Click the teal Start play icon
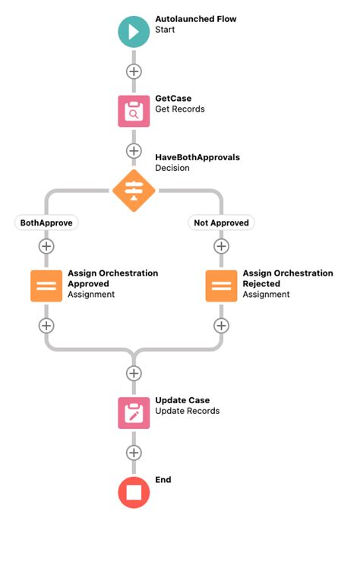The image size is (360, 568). click(x=134, y=31)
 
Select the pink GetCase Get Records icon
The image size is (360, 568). click(x=134, y=111)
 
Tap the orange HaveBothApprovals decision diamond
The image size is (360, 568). click(x=134, y=190)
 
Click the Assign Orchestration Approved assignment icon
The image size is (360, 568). click(x=46, y=286)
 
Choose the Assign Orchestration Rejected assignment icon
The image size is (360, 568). click(x=221, y=286)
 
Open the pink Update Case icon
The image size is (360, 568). click(x=134, y=412)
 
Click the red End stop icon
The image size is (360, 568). click(x=134, y=492)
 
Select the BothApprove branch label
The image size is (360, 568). click(x=46, y=222)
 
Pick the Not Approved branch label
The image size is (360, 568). click(x=221, y=222)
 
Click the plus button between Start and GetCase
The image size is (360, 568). click(x=134, y=71)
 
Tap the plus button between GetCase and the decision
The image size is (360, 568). click(x=134, y=150)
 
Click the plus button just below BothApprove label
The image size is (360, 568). click(x=46, y=246)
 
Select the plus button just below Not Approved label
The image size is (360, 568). click(x=221, y=246)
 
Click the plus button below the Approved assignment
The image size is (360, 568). click(x=46, y=325)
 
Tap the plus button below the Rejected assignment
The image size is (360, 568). click(x=221, y=325)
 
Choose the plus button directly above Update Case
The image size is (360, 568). click(x=134, y=373)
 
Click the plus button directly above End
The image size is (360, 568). click(x=134, y=453)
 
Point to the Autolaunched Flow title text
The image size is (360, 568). click(x=195, y=18)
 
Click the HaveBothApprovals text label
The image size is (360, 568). click(x=197, y=157)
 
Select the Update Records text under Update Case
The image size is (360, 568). click(x=187, y=411)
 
